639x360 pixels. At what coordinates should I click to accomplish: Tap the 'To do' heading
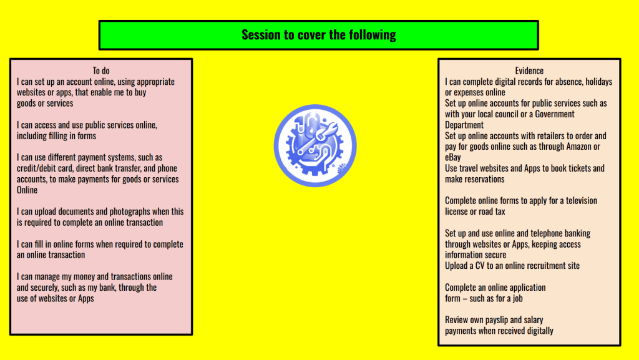[x=101, y=71]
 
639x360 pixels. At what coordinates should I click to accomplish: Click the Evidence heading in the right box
[x=529, y=71]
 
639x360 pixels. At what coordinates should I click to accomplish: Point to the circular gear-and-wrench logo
[x=315, y=145]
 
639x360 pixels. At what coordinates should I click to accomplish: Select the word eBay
[x=453, y=157]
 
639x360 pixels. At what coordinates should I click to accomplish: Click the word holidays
[x=598, y=82]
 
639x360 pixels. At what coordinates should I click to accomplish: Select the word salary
[x=534, y=320]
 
